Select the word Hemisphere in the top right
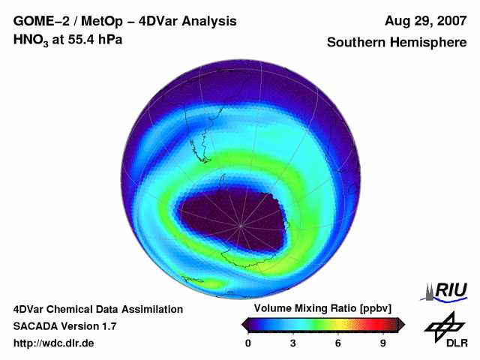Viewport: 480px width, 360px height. click(429, 43)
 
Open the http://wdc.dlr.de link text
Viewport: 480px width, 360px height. click(54, 343)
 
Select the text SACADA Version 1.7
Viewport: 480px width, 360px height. click(64, 326)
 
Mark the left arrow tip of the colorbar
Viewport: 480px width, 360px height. click(243, 324)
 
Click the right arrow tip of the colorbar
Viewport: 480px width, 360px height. click(403, 324)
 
